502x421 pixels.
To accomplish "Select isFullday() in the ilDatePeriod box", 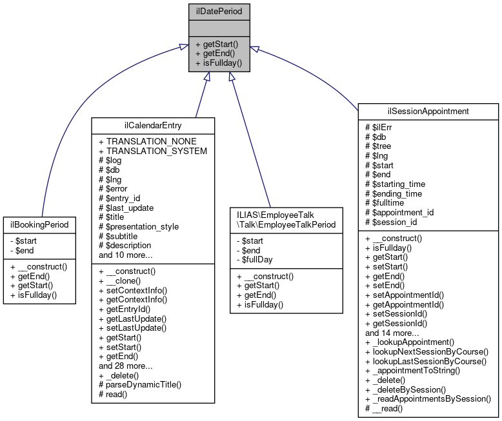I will pos(218,63).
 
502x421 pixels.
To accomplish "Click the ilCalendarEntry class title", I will pos(152,124).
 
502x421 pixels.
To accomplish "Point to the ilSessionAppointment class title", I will pos(428,112).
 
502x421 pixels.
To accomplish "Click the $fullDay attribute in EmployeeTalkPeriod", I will pos(257,260).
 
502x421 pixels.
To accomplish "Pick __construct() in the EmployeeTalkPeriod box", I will pos(265,276).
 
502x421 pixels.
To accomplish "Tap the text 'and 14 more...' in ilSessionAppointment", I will pos(392,333).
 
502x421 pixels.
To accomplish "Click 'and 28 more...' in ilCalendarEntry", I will pos(126,365).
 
